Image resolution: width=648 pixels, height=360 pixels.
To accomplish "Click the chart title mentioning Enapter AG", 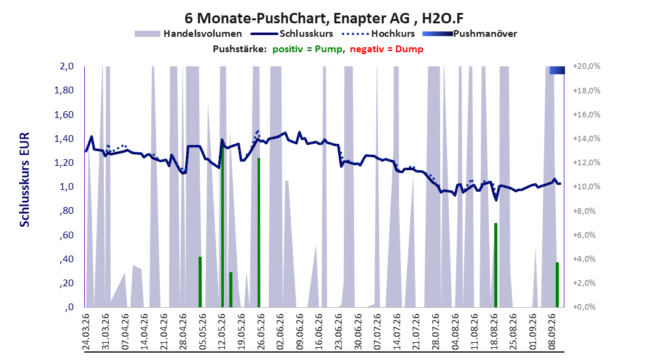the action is click(324, 18).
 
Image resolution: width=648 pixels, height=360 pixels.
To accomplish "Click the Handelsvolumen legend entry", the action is click(188, 34).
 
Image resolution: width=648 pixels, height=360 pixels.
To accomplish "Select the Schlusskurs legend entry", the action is click(292, 34).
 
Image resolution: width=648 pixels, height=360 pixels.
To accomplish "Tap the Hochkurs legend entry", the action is click(378, 34).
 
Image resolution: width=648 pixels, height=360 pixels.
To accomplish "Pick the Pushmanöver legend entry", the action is click(470, 34).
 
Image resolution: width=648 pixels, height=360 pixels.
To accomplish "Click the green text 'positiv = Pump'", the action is click(307, 49).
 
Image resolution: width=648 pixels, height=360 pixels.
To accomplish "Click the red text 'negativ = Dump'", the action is click(387, 49).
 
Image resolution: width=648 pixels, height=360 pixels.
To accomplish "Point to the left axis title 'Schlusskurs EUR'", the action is click(25, 179).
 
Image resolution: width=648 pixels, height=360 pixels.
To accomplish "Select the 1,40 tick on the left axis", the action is click(64, 139).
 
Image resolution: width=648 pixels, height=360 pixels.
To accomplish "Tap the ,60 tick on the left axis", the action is click(67, 235).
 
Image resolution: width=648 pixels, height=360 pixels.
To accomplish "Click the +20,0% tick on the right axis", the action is click(587, 66).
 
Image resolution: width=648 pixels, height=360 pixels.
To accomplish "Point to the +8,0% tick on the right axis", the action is click(585, 211).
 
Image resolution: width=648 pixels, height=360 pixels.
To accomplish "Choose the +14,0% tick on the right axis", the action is click(587, 139).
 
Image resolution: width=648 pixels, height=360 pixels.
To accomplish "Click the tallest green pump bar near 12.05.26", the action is click(223, 226).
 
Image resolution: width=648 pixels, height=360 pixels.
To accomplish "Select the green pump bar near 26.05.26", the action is click(259, 232).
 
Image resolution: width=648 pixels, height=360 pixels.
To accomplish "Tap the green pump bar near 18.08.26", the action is click(496, 265).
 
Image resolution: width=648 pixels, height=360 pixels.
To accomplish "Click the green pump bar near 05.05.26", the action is click(200, 282).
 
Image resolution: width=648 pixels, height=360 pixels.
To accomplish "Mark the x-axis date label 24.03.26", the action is click(86, 332).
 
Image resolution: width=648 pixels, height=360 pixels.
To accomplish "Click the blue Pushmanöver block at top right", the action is click(557, 70).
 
